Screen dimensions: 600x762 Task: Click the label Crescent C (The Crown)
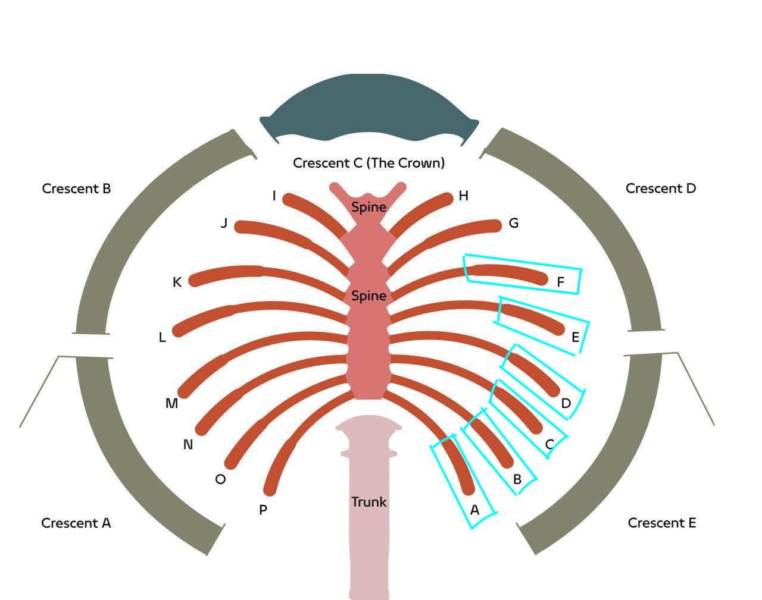coord(368,163)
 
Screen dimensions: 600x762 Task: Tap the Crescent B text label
coord(76,189)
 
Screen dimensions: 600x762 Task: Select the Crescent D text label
coord(660,189)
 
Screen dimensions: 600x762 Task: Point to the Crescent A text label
coord(76,523)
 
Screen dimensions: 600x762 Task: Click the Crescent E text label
coord(661,523)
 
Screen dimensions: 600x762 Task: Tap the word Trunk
coord(368,502)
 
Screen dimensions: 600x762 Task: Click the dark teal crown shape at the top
coord(368,107)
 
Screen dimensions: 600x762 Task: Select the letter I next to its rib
coord(274,196)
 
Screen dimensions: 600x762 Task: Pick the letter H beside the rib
coord(464,196)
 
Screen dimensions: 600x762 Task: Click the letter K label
coord(177,282)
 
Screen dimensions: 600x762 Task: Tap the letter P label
coord(263,510)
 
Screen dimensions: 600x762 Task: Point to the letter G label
coord(514,224)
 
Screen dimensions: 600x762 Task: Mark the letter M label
coord(171,404)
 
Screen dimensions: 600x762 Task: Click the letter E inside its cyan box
coord(575,338)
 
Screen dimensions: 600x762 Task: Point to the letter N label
coord(188,445)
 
